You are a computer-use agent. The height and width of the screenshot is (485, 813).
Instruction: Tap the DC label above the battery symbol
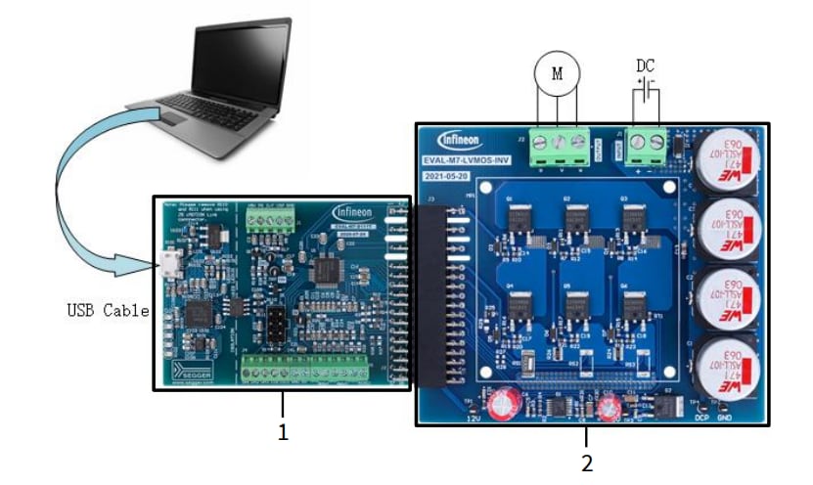pos(646,66)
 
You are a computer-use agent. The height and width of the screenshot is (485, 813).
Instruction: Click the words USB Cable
pos(108,311)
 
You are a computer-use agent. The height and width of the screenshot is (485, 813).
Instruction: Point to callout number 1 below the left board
pos(284,432)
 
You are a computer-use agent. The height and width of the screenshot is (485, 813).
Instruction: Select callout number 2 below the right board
pos(586,463)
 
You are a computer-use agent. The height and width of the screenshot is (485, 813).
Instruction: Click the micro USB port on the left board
pos(169,262)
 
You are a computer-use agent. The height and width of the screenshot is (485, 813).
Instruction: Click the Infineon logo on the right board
pos(460,139)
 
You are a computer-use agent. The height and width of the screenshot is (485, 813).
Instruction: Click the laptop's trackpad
pos(176,118)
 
